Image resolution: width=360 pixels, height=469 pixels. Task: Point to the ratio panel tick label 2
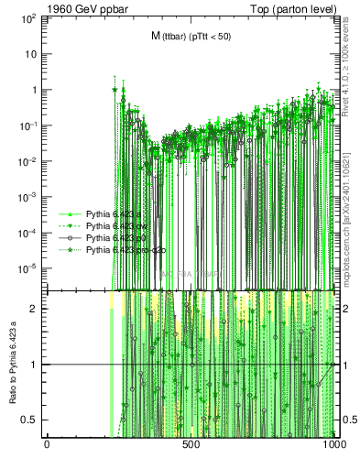tap(36, 310)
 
